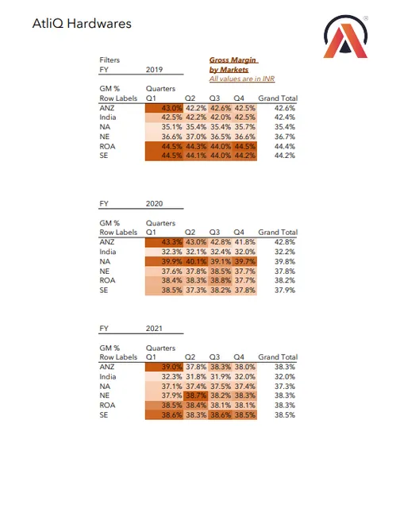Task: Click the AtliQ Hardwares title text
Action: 71,24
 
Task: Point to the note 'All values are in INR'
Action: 237,79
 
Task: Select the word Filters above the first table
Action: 110,60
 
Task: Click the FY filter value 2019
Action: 156,70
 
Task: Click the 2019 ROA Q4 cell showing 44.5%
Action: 244,146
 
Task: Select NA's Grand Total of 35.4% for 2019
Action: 283,127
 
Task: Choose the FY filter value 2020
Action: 156,204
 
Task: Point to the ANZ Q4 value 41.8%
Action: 244,242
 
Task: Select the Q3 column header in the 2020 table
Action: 214,233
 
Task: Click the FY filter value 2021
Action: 156,328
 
